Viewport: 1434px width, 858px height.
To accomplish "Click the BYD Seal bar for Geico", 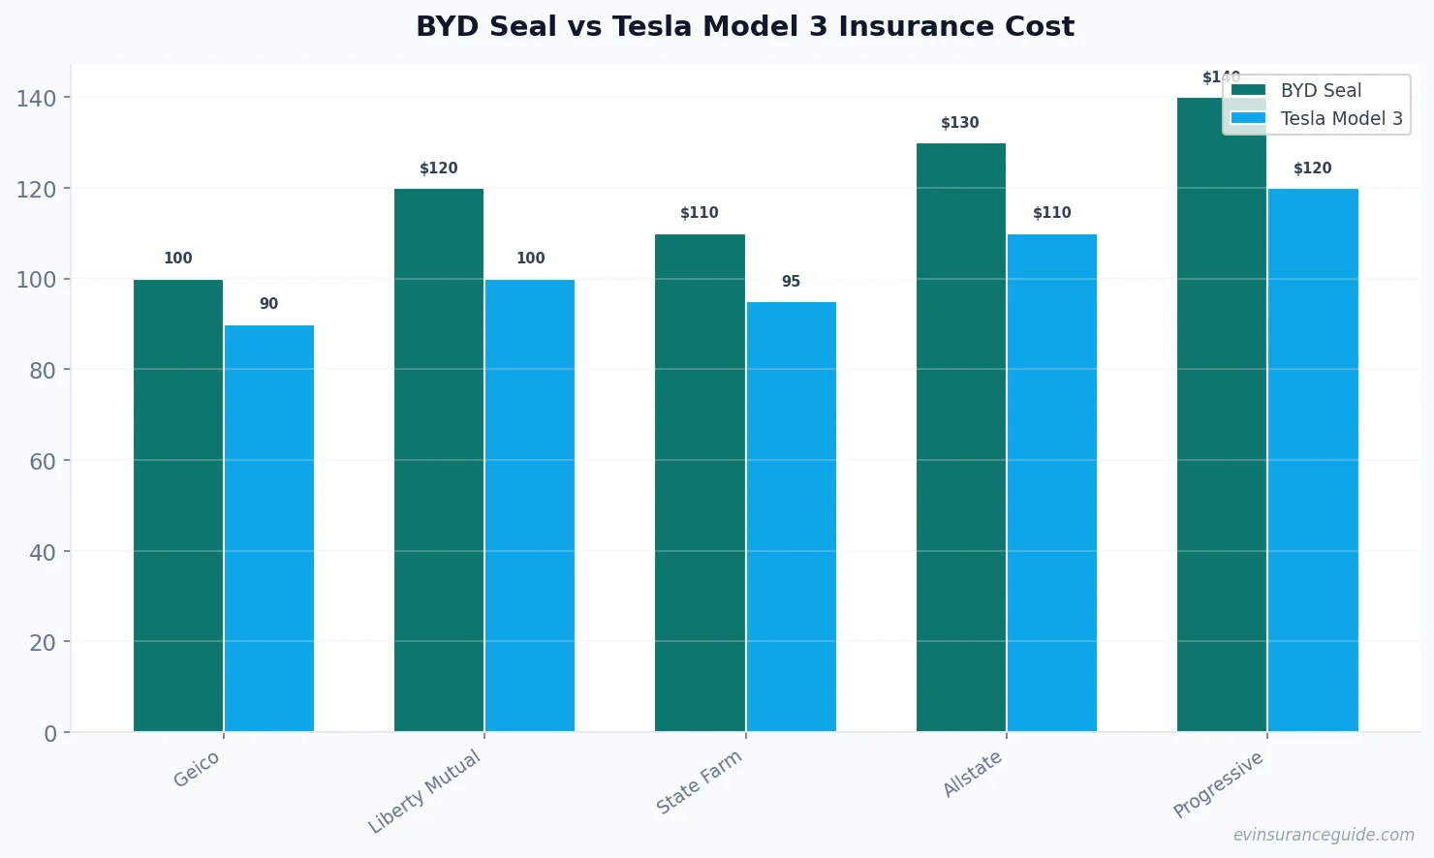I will coord(178,506).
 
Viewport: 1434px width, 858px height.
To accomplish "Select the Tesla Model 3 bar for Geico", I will coord(269,528).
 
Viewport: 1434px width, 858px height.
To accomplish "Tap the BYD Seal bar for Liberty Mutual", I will coord(439,460).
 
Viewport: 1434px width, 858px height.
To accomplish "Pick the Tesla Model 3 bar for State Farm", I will coord(791,516).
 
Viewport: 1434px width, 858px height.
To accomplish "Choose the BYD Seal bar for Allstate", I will coord(960,438).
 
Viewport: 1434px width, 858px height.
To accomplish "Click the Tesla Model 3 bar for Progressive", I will coord(1313,460).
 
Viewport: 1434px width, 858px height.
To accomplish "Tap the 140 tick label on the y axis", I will coord(36,98).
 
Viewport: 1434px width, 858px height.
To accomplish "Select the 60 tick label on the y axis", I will coord(43,461).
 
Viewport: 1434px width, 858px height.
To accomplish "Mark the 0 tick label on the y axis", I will coord(50,734).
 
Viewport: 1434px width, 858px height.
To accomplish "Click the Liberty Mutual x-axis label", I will coord(425,791).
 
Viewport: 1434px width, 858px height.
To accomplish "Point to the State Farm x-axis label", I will coord(700,781).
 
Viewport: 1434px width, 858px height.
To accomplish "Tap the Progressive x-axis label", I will coord(1219,784).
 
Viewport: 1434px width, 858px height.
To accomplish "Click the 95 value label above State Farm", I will coord(791,282).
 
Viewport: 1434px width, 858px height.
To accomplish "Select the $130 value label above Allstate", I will coord(960,123).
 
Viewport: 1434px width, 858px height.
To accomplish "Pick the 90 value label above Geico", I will coord(269,304).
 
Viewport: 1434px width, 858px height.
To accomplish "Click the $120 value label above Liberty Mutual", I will coord(439,169).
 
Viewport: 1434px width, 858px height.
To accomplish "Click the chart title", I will coord(745,26).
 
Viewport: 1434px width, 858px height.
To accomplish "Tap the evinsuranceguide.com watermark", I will coord(1324,835).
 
